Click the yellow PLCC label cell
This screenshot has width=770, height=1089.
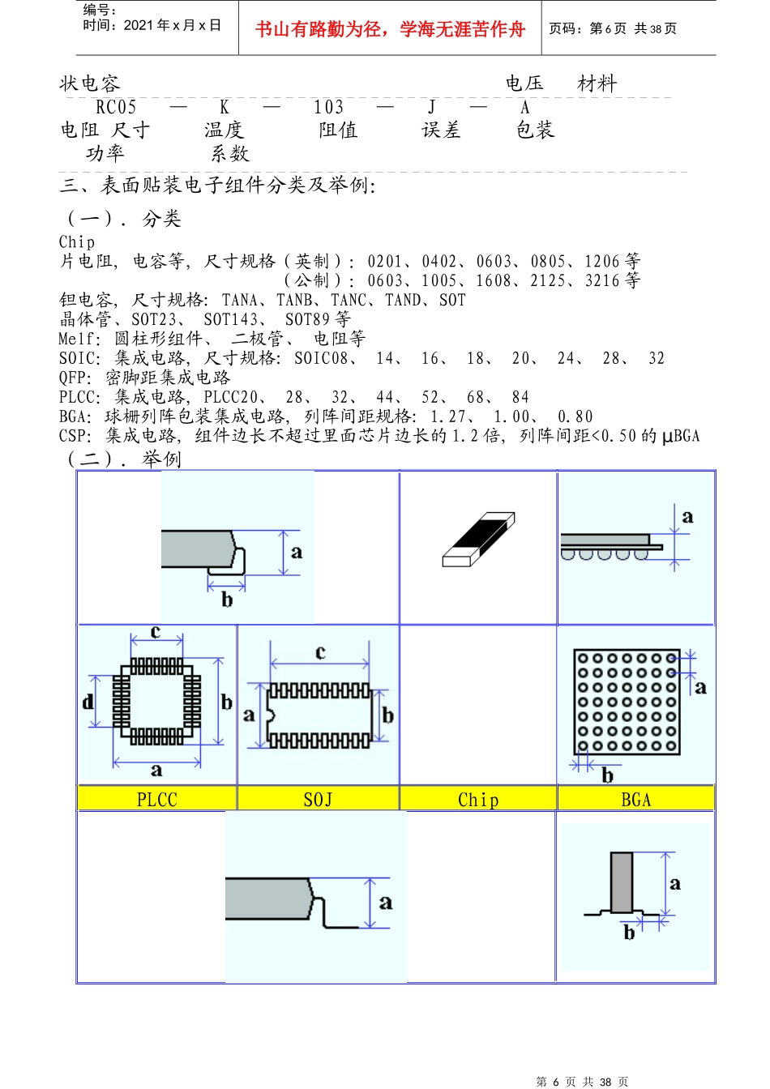pos(156,799)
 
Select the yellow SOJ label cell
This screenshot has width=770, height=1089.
pos(318,799)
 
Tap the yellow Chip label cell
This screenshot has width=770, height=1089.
pos(478,799)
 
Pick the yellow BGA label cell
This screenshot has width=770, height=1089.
pos(635,799)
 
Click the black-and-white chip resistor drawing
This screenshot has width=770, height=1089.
pos(479,539)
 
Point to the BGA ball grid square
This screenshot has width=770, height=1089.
pos(627,702)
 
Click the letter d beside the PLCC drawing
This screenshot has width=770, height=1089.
pos(88,701)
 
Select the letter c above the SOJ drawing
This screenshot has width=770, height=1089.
pos(320,651)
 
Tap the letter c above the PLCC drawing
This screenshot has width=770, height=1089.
pos(156,631)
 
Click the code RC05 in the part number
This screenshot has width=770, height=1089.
pos(116,107)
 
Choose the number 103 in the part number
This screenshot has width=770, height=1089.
pos(328,107)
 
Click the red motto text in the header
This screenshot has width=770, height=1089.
pos(390,29)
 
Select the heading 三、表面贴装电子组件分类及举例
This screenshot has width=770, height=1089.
pos(217,185)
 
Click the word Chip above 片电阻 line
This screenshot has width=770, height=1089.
pos(77,241)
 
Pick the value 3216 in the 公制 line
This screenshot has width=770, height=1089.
pos(602,280)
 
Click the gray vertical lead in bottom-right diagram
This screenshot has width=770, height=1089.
pos(622,882)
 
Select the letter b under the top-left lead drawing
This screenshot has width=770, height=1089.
pos(227,600)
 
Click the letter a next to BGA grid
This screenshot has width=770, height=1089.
pos(700,687)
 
